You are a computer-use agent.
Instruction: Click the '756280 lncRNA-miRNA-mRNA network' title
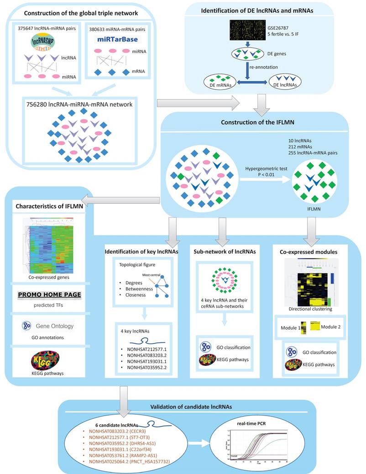tap(79, 105)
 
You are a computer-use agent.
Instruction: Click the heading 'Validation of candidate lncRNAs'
tap(184, 406)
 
